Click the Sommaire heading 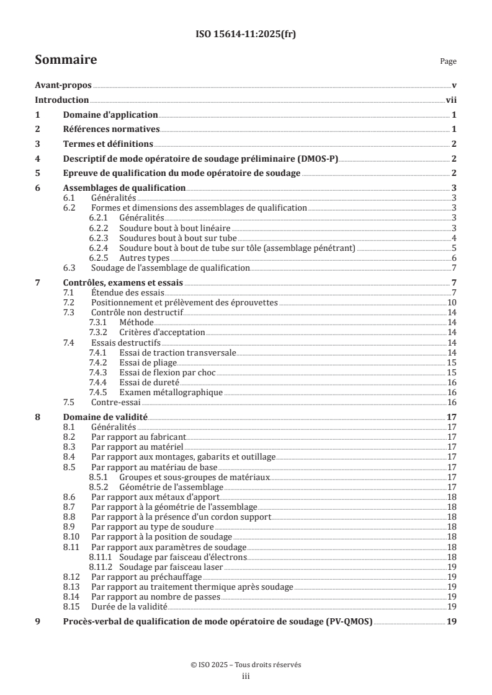[65, 61]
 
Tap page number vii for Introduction [452, 100]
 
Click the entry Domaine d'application [110, 115]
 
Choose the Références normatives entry [112, 129]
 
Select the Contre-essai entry [114, 402]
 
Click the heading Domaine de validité [105, 417]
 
